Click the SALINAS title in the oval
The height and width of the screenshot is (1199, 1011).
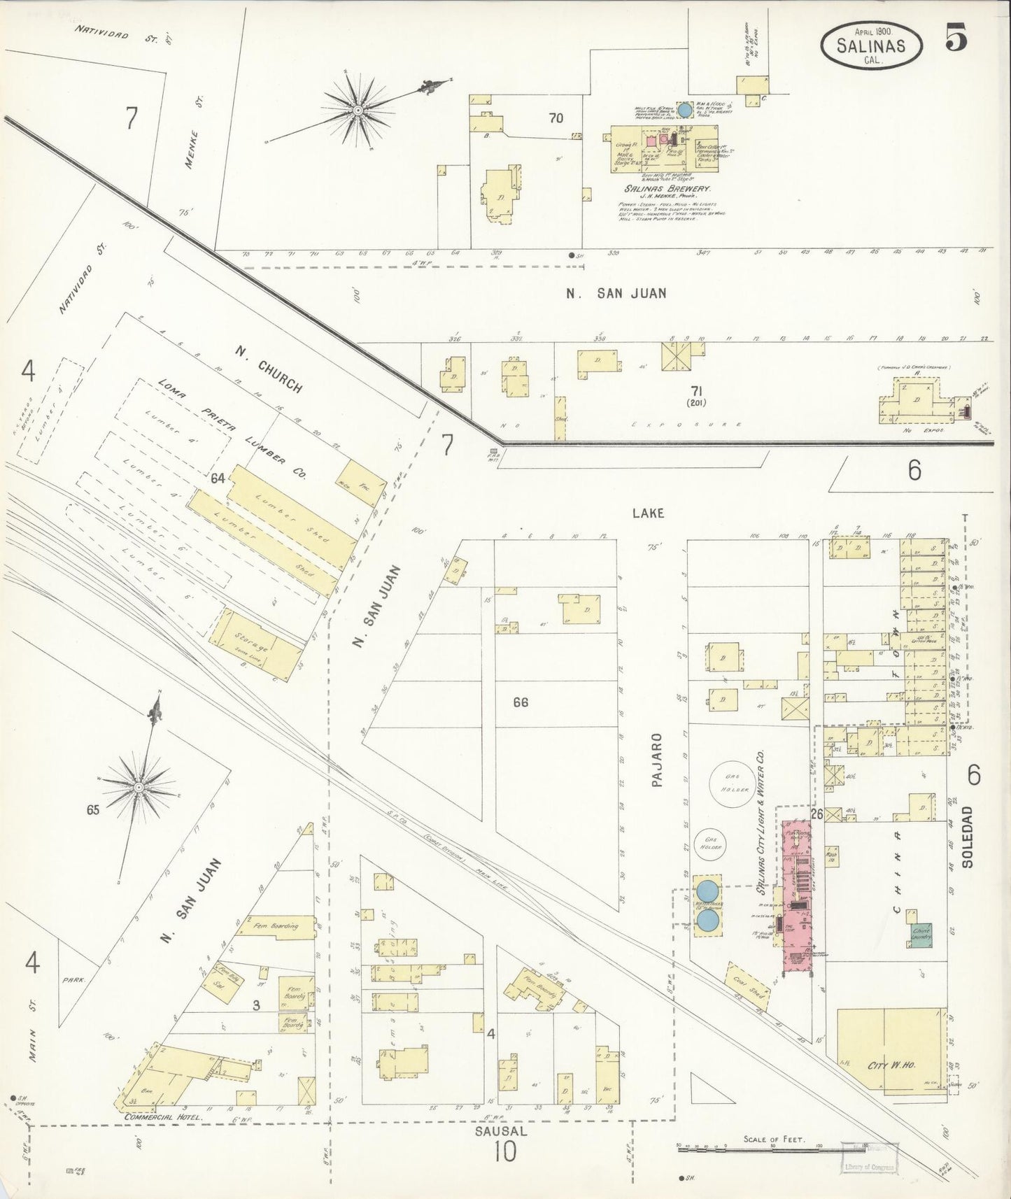click(871, 46)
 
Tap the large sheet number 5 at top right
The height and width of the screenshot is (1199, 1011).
click(956, 36)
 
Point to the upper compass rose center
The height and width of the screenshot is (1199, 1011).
click(358, 111)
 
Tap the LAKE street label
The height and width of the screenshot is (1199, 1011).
click(647, 513)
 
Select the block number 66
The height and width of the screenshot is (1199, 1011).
click(520, 702)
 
